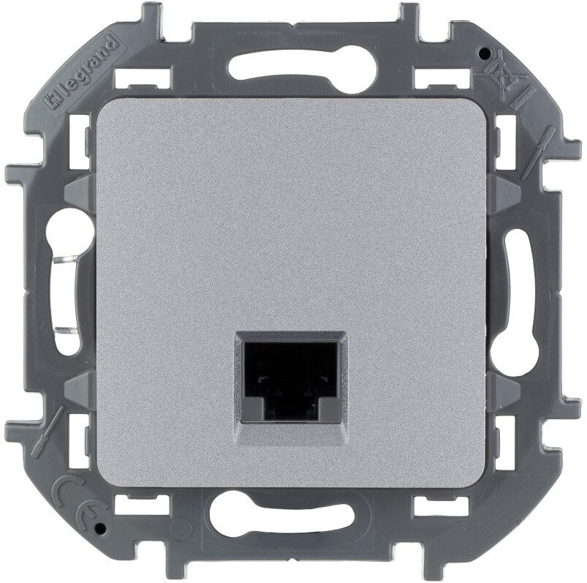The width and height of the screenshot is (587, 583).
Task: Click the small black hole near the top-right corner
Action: tap(485, 54)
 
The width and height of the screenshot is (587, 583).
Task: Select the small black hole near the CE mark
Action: tap(99, 529)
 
